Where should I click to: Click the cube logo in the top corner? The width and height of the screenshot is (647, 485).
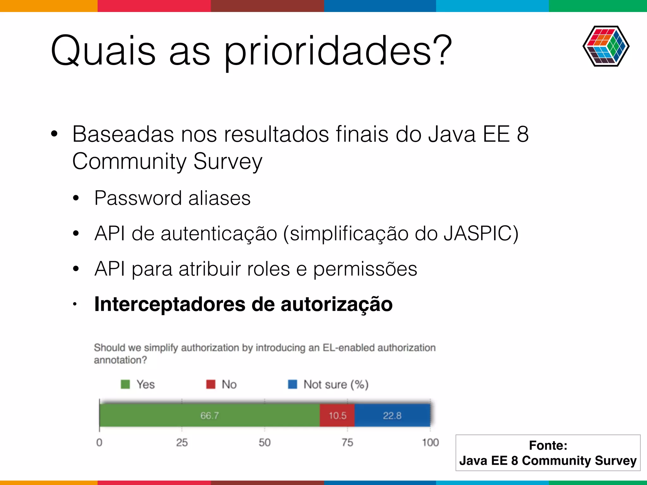click(606, 46)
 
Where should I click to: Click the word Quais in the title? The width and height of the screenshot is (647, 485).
click(103, 51)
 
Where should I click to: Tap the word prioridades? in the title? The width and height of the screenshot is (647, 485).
click(338, 51)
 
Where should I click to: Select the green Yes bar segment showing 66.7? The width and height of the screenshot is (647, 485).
click(209, 416)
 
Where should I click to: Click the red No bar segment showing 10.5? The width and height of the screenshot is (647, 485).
click(337, 416)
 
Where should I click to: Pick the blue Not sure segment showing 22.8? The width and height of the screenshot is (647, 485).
click(392, 416)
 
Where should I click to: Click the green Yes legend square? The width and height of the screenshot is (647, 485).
click(125, 384)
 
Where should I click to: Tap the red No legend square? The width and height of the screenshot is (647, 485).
click(211, 384)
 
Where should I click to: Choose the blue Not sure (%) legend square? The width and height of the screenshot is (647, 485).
click(293, 384)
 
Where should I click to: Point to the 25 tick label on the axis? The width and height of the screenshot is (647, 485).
click(182, 442)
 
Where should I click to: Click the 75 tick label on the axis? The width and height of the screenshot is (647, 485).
click(347, 442)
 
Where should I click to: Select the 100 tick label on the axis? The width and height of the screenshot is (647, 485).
click(430, 442)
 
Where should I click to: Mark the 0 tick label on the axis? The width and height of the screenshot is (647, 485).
click(99, 442)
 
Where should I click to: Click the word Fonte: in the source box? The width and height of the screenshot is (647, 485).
click(548, 446)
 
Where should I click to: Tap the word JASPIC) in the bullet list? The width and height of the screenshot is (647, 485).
click(481, 234)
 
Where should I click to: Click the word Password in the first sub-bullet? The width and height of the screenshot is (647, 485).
click(138, 198)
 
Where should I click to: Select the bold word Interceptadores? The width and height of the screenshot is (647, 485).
click(170, 304)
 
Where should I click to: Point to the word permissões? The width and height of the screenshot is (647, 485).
click(365, 269)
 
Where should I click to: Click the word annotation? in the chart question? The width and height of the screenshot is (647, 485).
click(120, 360)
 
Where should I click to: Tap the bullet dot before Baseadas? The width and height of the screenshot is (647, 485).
click(54, 134)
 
